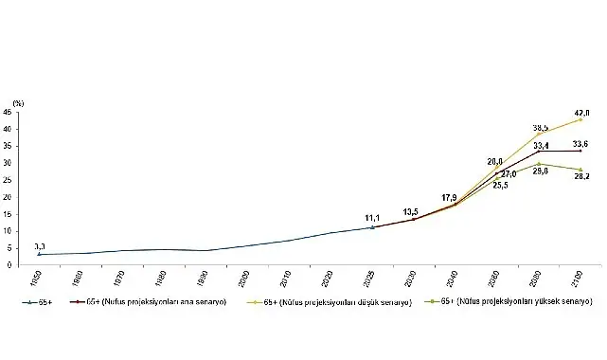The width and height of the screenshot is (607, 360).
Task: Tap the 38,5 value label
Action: click(541, 126)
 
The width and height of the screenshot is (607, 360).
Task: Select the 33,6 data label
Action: click(579, 144)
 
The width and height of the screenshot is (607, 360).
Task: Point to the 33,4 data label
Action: click(541, 145)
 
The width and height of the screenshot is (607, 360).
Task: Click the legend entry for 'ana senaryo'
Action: click(145, 300)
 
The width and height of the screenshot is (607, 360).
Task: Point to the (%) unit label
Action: click(16, 100)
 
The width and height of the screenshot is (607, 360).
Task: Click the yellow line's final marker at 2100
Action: click(580, 120)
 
